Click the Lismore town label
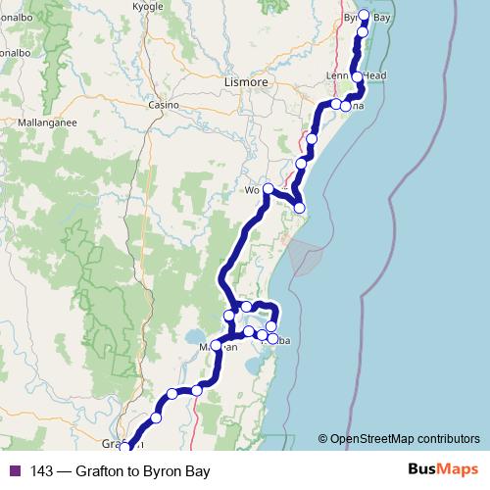click(246, 83)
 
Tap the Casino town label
click(162, 105)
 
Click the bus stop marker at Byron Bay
click(365, 16)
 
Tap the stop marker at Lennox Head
click(358, 76)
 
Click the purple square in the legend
click(14, 471)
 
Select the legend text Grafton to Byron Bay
click(148, 471)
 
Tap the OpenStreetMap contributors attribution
click(399, 439)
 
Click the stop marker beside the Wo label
click(268, 188)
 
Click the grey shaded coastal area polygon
click(305, 256)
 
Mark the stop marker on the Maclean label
click(217, 345)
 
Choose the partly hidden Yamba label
click(277, 339)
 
